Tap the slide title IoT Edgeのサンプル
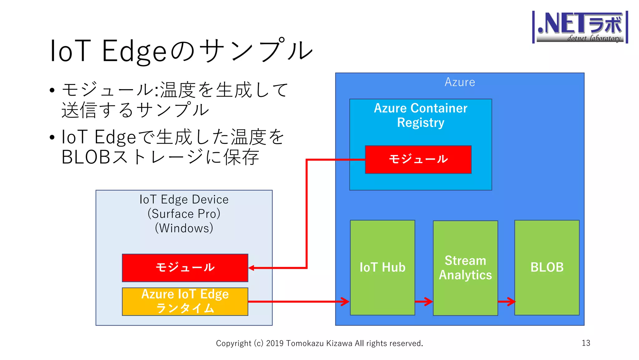pos(181,51)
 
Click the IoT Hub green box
pos(383,267)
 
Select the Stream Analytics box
pos(465,268)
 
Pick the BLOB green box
pos(547,267)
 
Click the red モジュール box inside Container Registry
pos(418,159)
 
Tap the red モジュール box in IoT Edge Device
pos(185,268)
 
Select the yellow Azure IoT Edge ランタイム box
pos(185,302)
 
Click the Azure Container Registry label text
pos(421,115)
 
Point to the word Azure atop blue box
pos(460,82)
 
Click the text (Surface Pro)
pos(184,214)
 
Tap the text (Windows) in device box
pos(184,228)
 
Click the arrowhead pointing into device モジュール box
pos(251,268)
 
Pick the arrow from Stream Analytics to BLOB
pos(506,302)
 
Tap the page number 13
pos(586,343)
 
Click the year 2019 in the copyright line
pos(275,343)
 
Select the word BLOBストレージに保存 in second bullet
pos(160,157)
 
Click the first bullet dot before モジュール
pos(52,91)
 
